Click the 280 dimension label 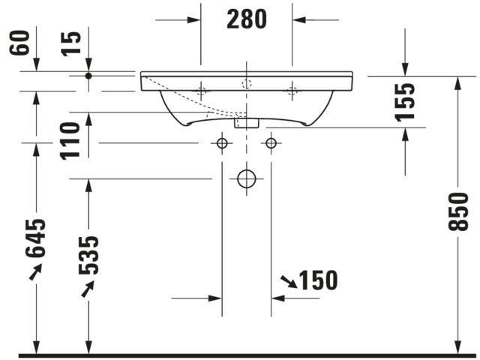[x=247, y=19]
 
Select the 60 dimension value [x=19, y=43]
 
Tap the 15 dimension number [x=71, y=44]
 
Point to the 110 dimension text [x=70, y=141]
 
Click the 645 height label [x=35, y=238]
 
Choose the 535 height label [x=88, y=255]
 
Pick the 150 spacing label [x=318, y=280]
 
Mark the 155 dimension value [x=405, y=102]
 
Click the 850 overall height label [x=458, y=211]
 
